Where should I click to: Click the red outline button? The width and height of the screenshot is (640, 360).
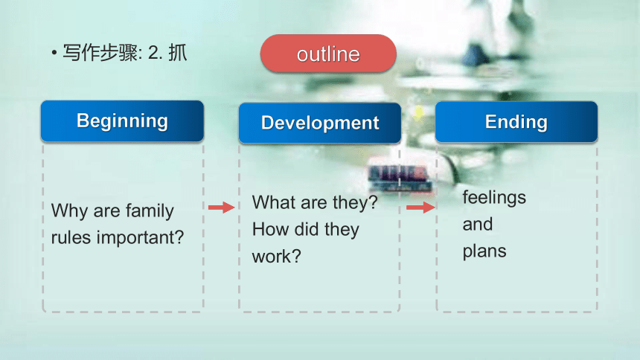328,54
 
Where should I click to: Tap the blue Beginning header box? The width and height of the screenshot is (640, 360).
122,121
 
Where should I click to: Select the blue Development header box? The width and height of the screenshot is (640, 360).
320,123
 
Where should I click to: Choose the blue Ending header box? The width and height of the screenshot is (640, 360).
516,122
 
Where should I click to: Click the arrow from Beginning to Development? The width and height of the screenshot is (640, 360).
221,208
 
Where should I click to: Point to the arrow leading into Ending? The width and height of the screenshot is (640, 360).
420,208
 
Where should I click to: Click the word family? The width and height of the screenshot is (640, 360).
150,211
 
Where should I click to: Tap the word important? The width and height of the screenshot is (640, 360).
140,238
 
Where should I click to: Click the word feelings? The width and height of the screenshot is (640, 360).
494,198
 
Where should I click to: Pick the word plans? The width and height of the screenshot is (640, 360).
484,251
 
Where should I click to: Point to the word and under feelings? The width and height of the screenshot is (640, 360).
478,224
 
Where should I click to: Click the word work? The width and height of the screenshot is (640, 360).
276,257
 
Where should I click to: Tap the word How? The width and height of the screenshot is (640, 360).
270,229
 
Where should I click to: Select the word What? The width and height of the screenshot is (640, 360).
275,202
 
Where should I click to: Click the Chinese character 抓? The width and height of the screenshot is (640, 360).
178,53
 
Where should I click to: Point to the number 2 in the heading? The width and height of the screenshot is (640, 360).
153,53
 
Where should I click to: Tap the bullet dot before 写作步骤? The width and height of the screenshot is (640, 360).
54,53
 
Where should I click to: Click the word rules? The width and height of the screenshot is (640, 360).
71,238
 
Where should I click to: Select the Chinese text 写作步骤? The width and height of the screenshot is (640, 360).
100,53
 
